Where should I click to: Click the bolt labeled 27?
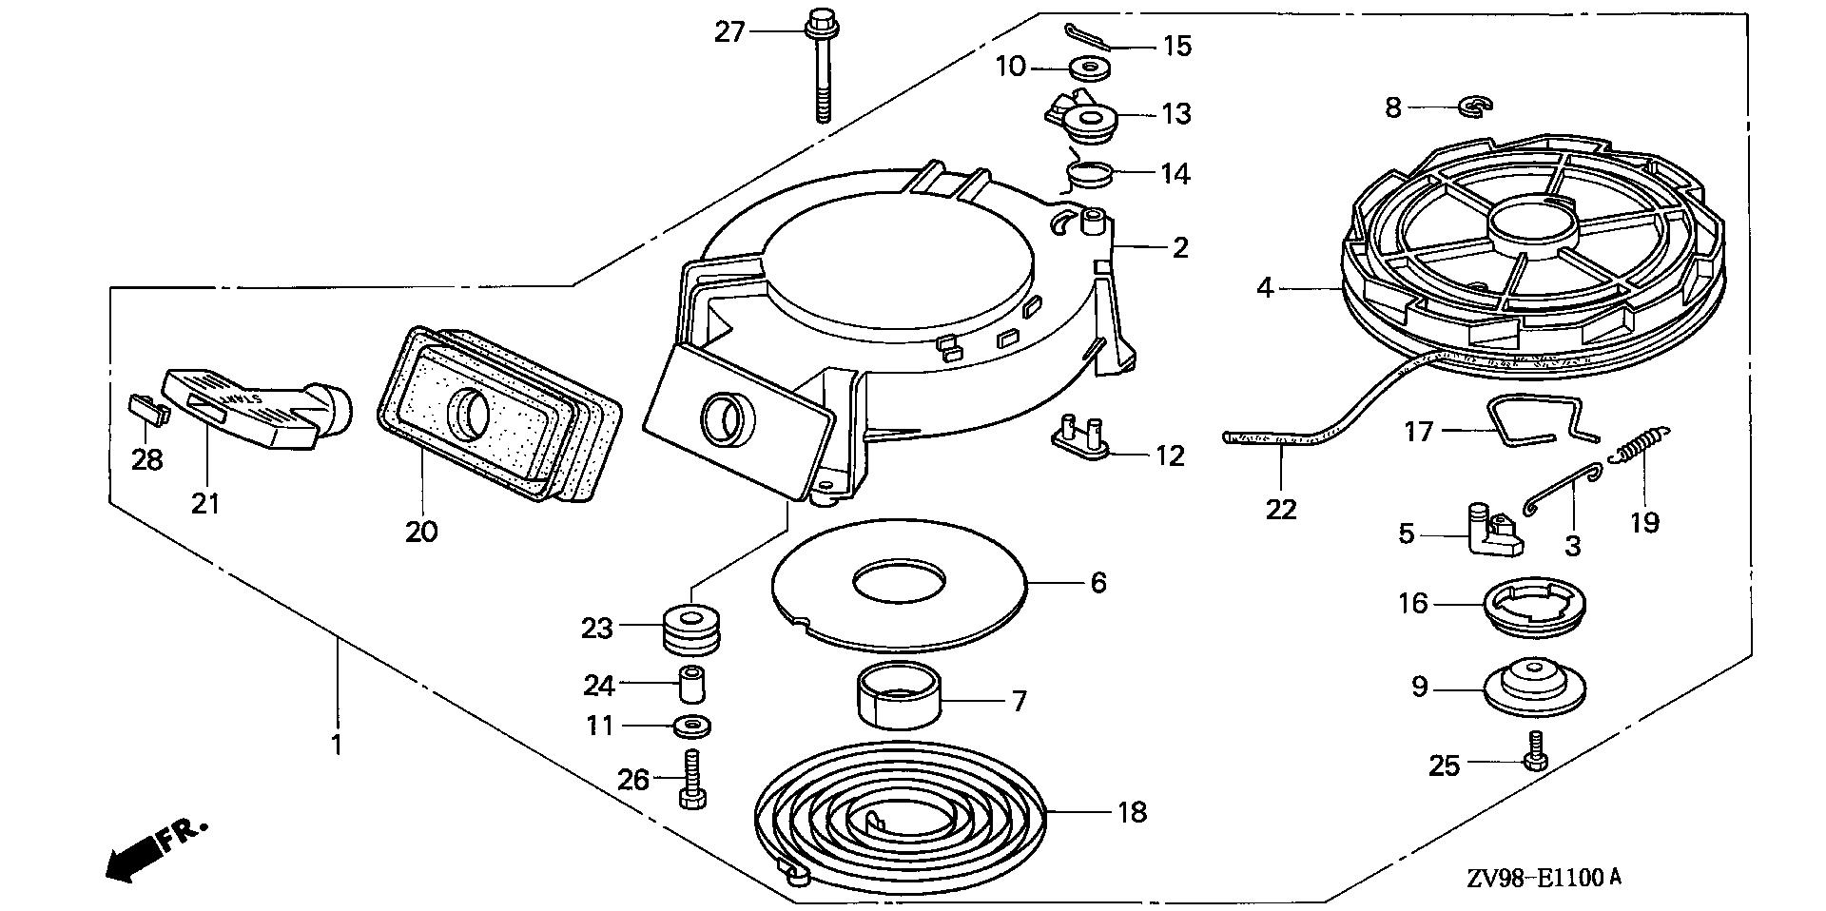click(x=821, y=67)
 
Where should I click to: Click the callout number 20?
click(x=421, y=531)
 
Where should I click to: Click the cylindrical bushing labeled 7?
click(x=899, y=707)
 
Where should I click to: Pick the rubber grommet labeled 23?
click(x=691, y=629)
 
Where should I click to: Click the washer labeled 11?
click(x=691, y=727)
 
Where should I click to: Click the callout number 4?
click(x=1264, y=286)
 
